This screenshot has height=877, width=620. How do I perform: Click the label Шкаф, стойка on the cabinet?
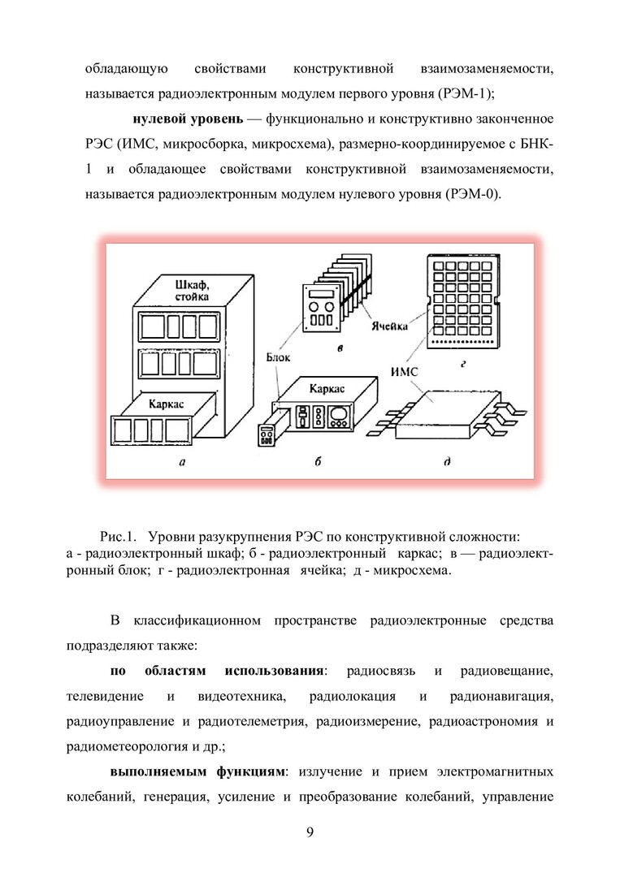click(x=192, y=291)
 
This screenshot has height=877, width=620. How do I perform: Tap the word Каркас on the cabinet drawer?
click(x=167, y=404)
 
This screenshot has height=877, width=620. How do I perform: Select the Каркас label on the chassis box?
click(x=327, y=388)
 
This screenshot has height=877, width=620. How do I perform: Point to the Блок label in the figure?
click(x=278, y=356)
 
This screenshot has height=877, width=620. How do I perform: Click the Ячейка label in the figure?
click(x=389, y=326)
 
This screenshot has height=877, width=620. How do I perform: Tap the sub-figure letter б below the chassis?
click(x=318, y=461)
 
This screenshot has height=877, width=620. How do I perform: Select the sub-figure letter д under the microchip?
click(x=447, y=462)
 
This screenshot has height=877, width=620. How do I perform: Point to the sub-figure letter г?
click(x=463, y=364)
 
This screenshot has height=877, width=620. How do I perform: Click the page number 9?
click(x=310, y=832)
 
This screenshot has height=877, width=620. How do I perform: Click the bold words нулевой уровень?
click(x=188, y=119)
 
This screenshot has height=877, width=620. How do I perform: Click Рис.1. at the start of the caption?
click(x=118, y=537)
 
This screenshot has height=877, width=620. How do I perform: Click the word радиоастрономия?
click(x=483, y=722)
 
